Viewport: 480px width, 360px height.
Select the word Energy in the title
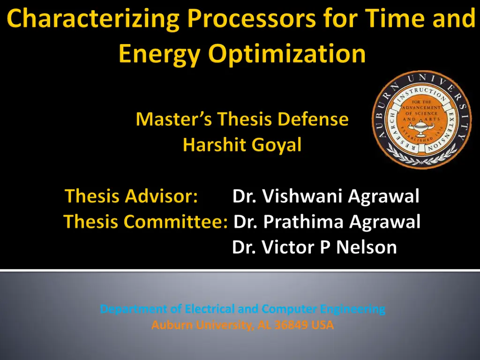pos(159,54)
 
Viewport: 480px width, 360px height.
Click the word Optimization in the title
pos(287,54)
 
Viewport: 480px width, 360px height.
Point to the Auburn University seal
pos(422,120)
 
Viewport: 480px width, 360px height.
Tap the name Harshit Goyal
pos(242,145)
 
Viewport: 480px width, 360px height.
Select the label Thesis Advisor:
pos(131,196)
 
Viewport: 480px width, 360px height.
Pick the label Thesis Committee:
pos(146,221)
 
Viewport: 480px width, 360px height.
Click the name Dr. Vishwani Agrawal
pos(326,196)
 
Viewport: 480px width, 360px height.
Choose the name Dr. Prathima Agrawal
pos(327,222)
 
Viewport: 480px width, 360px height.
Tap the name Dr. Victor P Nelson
pos(315,247)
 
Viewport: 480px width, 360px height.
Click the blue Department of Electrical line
pos(242,309)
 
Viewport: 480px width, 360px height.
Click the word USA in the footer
pos(322,325)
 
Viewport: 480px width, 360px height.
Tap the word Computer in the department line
pos(289,309)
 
